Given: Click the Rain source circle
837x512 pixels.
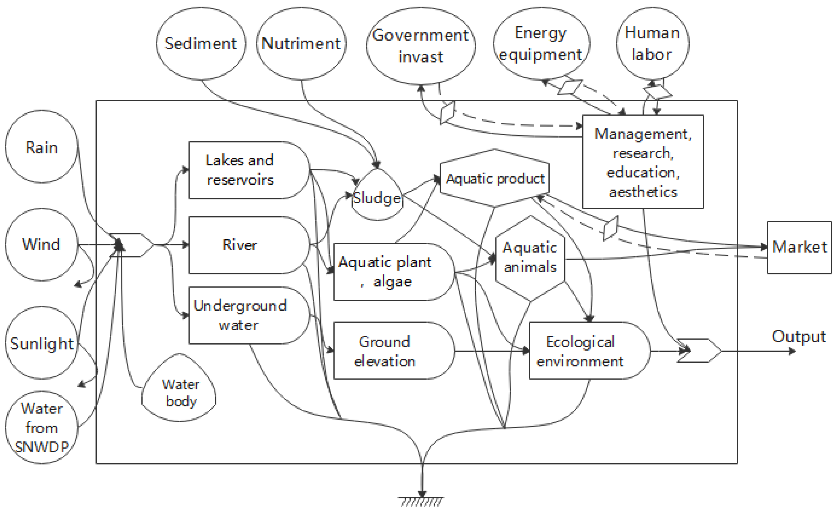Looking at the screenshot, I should point(41,147).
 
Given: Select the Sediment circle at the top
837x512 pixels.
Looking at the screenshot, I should point(201,44).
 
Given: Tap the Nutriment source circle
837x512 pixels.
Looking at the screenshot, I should point(301,44).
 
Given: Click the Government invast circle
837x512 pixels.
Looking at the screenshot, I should point(421,46).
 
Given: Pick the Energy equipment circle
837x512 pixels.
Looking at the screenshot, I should point(541,44).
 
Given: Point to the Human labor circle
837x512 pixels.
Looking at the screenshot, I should point(652,44).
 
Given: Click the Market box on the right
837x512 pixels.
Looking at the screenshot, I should point(799,247).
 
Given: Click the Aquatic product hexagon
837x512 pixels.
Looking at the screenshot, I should point(495,178).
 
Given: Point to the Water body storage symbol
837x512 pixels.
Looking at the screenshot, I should point(179,391).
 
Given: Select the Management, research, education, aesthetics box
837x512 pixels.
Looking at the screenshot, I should point(643,162).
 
